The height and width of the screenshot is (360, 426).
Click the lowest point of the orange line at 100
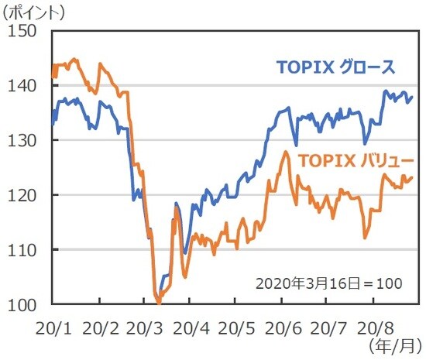pyautogui.click(x=159, y=303)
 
